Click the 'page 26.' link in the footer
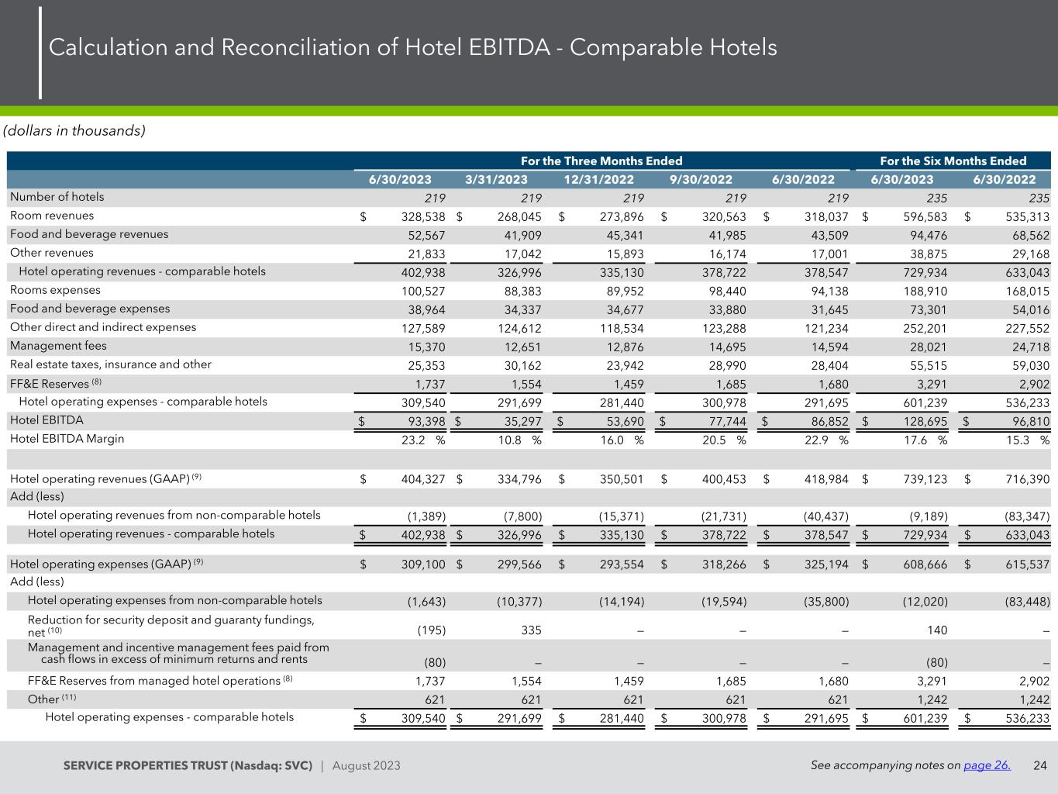tap(987, 765)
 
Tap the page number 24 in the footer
tap(1039, 765)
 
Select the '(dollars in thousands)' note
tap(74, 130)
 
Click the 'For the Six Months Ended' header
tap(953, 161)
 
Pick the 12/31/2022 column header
tap(598, 180)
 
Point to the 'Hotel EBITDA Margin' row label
tap(67, 439)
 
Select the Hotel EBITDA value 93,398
tap(422, 422)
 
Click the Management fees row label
tap(58, 346)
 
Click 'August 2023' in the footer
tap(366, 766)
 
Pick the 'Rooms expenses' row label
tap(55, 290)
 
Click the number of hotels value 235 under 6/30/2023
tap(936, 198)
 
